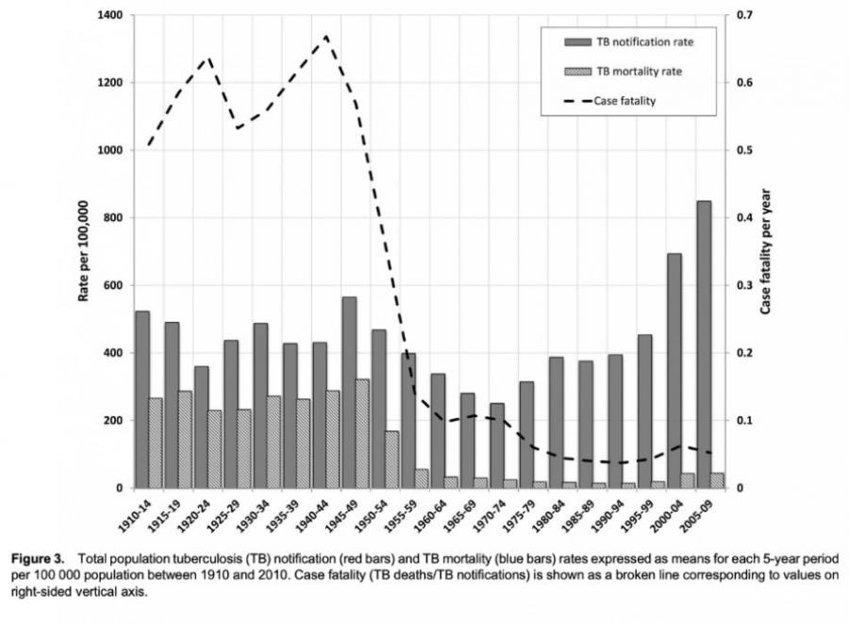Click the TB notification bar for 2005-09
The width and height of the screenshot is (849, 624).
pos(704,345)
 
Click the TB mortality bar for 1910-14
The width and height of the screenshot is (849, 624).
pos(156,443)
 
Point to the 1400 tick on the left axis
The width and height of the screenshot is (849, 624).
pos(110,16)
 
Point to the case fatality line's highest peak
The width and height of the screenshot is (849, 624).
pos(326,37)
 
